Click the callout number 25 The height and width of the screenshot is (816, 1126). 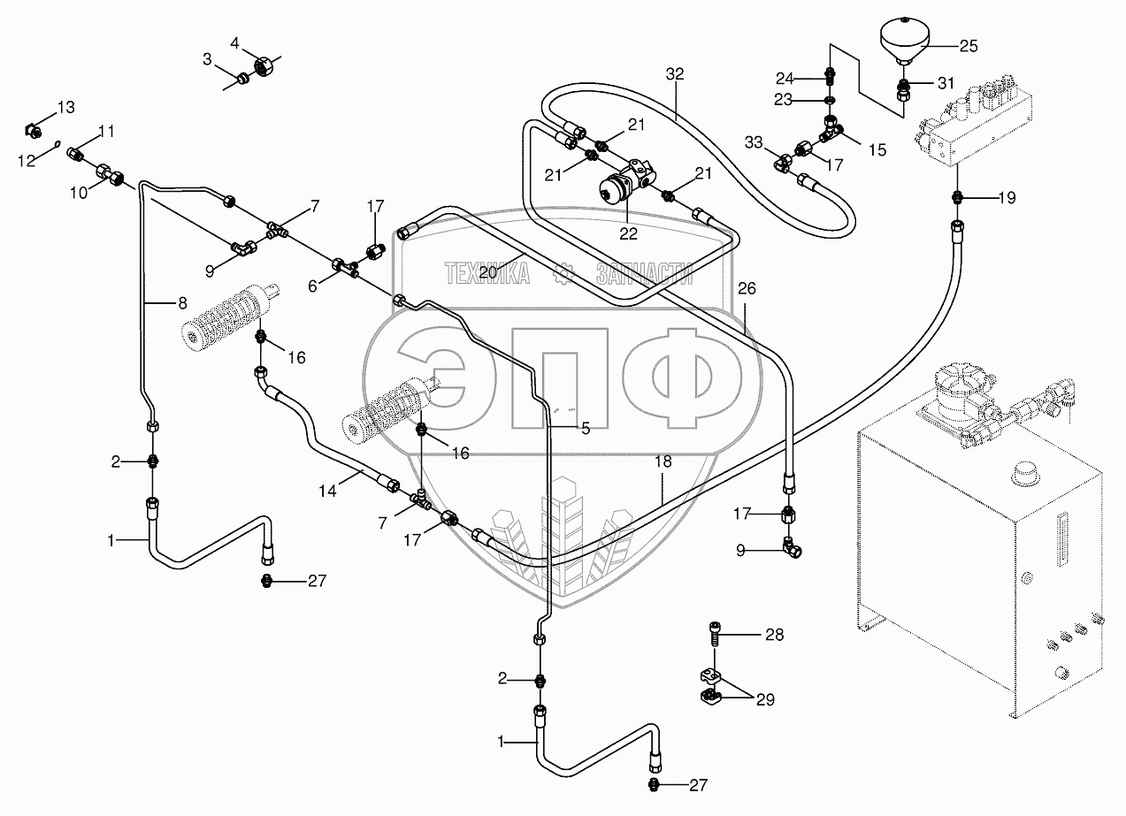point(969,46)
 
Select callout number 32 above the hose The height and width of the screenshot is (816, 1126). point(675,74)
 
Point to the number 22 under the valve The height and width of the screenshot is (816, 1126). point(628,233)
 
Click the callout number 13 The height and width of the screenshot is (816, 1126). point(65,107)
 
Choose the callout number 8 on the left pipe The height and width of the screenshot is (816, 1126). point(182,303)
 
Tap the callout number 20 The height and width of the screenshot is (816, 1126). point(487,272)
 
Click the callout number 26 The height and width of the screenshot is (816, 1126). point(747,288)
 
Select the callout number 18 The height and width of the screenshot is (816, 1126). point(663,461)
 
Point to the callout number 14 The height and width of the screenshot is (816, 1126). point(328,491)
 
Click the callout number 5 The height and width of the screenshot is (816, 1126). point(586,428)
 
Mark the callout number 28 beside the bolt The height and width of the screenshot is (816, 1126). point(774,635)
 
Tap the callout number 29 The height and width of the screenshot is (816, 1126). point(765,699)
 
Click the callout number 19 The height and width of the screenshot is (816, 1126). point(1007,198)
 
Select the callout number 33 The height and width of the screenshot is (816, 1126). point(754,142)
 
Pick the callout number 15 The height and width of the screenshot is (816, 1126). point(877,149)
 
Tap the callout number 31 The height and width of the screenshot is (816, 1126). point(946,83)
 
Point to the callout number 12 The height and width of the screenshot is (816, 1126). point(27,161)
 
